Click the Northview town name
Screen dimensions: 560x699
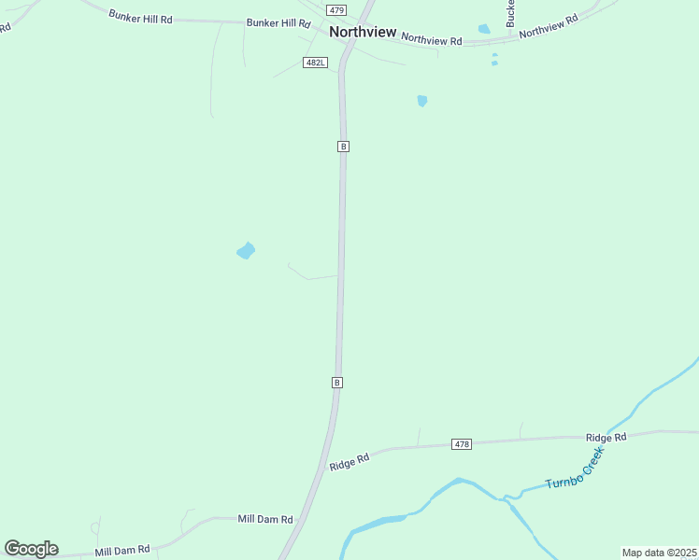click(x=363, y=32)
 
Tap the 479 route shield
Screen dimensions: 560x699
click(x=336, y=9)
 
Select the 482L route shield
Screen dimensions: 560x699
click(x=315, y=63)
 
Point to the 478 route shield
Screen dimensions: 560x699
click(x=461, y=444)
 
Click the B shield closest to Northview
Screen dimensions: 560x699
click(x=343, y=147)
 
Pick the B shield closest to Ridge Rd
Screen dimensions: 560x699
click(x=337, y=383)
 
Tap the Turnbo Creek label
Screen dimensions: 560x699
click(x=576, y=469)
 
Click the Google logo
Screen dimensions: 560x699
click(x=31, y=549)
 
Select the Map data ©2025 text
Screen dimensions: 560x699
click(x=659, y=553)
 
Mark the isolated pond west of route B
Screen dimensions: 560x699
click(x=246, y=250)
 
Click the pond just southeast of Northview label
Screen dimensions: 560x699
click(x=422, y=100)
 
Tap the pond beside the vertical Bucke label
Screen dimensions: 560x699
click(x=484, y=29)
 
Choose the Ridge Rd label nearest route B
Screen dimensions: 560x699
click(x=349, y=461)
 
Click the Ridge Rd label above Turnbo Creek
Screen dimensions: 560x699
click(x=606, y=437)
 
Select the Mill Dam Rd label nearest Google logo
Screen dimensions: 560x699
click(x=122, y=551)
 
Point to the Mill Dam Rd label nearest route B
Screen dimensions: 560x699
click(x=265, y=519)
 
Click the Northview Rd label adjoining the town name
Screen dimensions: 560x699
click(x=431, y=39)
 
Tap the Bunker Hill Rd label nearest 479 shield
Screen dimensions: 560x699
click(x=278, y=22)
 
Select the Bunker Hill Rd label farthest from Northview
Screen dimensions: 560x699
click(x=140, y=16)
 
